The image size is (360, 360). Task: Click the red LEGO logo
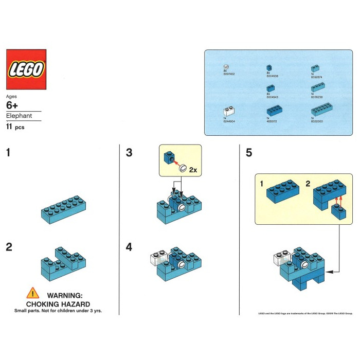point(26,70)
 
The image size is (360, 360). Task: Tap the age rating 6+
point(13,105)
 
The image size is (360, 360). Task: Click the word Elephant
point(19,116)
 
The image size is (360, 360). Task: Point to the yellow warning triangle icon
point(33,294)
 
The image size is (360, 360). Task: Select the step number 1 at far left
point(9,153)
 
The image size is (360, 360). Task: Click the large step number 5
point(249,153)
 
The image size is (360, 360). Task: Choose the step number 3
point(129,153)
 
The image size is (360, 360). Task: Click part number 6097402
point(228,74)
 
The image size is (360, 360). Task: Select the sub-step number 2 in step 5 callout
point(307,183)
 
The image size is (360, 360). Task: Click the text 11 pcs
point(15,127)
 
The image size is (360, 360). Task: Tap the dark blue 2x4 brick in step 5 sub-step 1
point(283,192)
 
